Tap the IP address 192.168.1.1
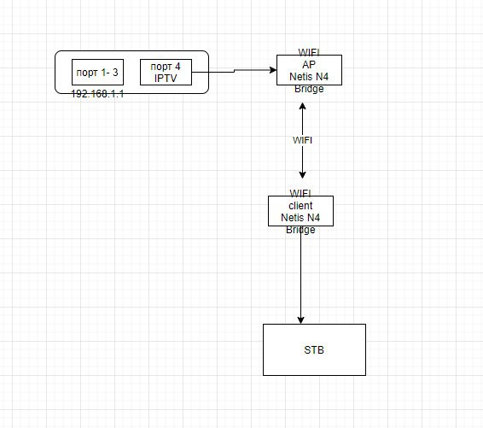coord(97,94)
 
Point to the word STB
coord(314,350)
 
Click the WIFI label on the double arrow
coord(302,140)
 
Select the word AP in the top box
coord(309,65)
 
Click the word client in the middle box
coord(300,206)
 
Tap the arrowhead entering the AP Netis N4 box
coord(273,70)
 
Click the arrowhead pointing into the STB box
coord(301,320)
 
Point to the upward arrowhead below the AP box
coord(302,106)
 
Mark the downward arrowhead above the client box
coord(302,175)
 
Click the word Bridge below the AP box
coord(309,89)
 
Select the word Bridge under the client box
coord(300,230)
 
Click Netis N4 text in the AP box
coord(309,77)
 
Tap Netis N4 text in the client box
coord(300,218)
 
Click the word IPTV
coord(166,79)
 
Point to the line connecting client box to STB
coord(301,275)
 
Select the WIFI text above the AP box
coord(309,52)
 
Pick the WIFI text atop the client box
coord(300,193)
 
